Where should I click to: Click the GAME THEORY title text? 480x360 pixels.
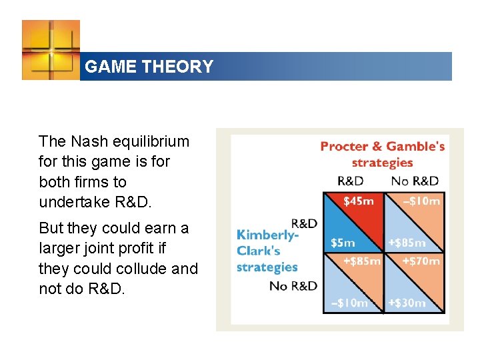tap(149, 67)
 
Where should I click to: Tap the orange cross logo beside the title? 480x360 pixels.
tap(51, 50)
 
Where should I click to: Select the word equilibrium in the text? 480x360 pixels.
tap(149, 141)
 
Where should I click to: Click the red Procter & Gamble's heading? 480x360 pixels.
tap(382, 147)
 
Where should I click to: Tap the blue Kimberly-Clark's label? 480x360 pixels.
tap(267, 243)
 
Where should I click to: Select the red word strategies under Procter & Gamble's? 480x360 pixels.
tap(382, 163)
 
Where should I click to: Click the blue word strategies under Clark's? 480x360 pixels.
tap(267, 267)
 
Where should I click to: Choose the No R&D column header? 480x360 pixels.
tap(415, 181)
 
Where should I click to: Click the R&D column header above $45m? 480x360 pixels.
tap(350, 181)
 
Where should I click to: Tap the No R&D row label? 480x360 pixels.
tap(293, 286)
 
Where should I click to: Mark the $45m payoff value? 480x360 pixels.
tap(359, 201)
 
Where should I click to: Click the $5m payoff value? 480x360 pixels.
tap(343, 243)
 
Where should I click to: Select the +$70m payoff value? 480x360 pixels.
tap(421, 261)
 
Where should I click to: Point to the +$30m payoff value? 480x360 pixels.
tap(407, 303)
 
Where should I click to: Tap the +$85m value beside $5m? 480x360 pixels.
tap(407, 243)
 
